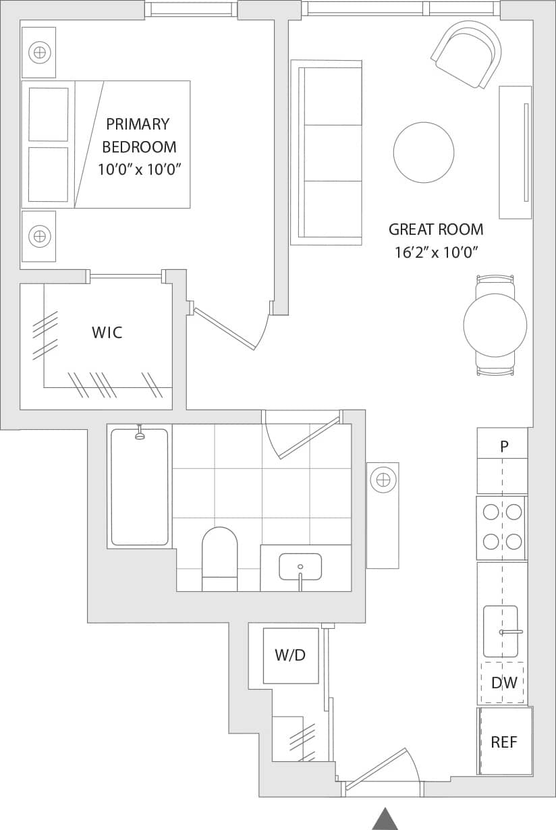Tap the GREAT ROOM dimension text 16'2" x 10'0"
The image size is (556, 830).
tap(436, 253)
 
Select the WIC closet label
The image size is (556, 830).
tap(107, 332)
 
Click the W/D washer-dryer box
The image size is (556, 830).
tap(290, 655)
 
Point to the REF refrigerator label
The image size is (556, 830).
tap(504, 742)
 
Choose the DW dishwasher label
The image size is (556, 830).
tap(503, 683)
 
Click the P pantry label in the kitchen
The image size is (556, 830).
tap(503, 446)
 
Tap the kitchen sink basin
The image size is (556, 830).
tap(501, 632)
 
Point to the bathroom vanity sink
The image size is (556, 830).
tap(300, 566)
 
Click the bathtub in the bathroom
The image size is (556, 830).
tap(140, 487)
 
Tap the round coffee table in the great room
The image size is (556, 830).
tap(424, 152)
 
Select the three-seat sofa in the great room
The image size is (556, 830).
tap(327, 153)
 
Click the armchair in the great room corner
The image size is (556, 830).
tap(468, 54)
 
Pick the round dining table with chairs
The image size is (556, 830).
tap(495, 325)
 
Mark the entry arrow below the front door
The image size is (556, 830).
tap(385, 819)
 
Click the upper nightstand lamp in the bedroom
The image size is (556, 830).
tap(39, 52)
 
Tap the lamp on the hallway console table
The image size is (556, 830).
tap(383, 480)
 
